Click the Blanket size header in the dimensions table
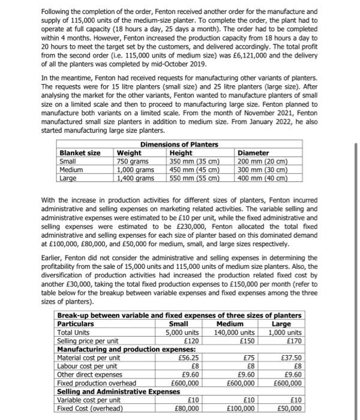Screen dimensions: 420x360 (80, 153)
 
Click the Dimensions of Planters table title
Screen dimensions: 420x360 (179, 145)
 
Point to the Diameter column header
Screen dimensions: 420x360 (254, 153)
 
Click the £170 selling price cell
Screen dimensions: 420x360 (291, 340)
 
